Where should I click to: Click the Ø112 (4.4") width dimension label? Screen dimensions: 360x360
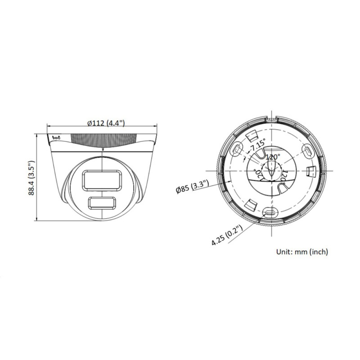click(106, 123)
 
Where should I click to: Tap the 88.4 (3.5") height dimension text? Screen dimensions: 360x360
click(32, 178)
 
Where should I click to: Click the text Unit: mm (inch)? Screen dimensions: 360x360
click(302, 252)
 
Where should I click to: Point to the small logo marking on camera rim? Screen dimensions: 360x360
click(57, 137)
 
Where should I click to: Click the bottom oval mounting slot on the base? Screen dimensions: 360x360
click(269, 213)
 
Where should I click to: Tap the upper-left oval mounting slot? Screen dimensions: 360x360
click(237, 149)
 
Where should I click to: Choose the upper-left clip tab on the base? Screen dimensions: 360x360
click(252, 136)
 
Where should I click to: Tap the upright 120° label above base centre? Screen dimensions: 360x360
click(273, 157)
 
